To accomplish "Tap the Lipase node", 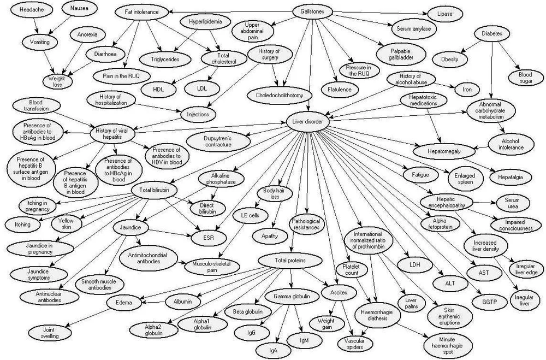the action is tap(444, 13).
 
